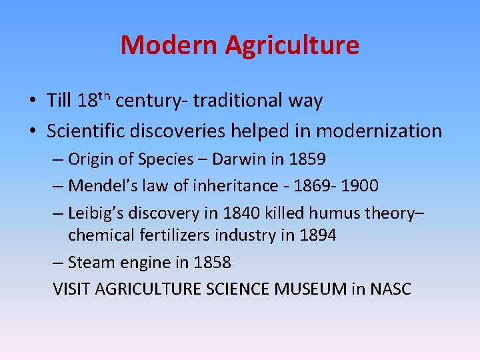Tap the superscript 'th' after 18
point(106,95)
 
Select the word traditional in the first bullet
point(241,101)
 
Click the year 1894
point(317,235)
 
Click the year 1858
point(212,262)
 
